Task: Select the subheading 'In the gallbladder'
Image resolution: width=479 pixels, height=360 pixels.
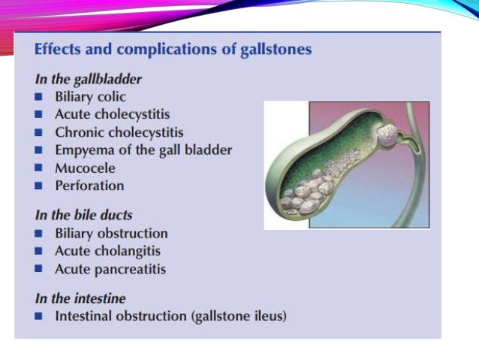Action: click(x=89, y=78)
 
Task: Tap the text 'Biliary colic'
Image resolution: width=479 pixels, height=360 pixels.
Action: click(x=90, y=97)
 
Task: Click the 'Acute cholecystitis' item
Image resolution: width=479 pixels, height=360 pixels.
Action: click(x=113, y=114)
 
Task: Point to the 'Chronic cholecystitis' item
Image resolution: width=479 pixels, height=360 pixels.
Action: click(x=119, y=132)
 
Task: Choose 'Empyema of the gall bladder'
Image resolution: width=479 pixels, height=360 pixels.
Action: click(x=143, y=150)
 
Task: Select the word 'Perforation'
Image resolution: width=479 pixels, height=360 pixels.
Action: click(x=89, y=185)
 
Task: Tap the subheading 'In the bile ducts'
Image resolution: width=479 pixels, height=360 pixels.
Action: click(x=83, y=214)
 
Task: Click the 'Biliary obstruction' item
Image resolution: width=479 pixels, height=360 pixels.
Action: click(x=111, y=234)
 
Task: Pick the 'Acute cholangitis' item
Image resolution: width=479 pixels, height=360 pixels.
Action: click(x=107, y=251)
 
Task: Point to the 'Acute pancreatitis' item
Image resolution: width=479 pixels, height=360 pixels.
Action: click(x=110, y=269)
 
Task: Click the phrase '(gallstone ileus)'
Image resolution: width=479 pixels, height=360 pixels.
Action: click(x=239, y=316)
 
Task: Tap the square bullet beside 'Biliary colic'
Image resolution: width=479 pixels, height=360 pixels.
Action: click(x=39, y=98)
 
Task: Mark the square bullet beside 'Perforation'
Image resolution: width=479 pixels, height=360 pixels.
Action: click(x=39, y=186)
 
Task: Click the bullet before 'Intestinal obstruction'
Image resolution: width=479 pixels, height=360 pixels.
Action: click(x=39, y=317)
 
